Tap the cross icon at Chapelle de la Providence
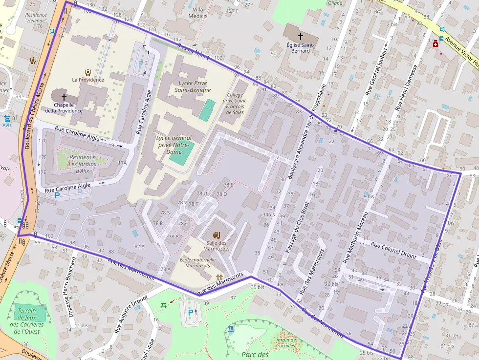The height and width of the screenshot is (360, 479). click(64, 97)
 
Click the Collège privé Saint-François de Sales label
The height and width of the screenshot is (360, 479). click(235, 104)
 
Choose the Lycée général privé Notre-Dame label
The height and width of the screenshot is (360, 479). click(174, 145)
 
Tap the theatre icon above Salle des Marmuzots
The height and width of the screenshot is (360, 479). click(217, 235)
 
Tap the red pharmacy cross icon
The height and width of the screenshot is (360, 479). click(435, 44)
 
